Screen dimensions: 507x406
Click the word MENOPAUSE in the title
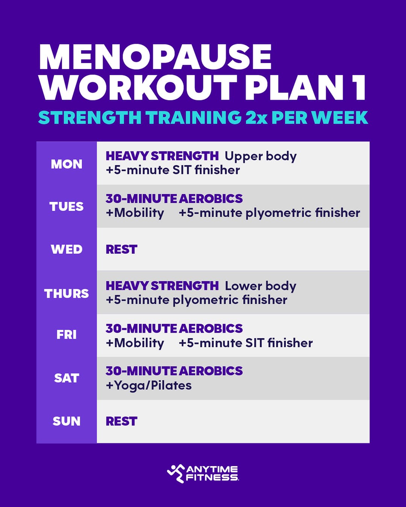[155, 57]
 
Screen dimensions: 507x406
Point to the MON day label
[67, 164]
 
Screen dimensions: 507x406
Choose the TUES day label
[67, 207]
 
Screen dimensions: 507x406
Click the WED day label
[67, 249]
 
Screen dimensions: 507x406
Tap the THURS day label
[67, 293]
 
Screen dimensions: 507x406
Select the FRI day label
[67, 335]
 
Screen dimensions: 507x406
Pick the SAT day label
[67, 378]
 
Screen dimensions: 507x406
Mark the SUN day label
[67, 421]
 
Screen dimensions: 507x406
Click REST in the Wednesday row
[121, 249]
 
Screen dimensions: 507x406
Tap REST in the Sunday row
[121, 421]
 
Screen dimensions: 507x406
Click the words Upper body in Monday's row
[261, 156]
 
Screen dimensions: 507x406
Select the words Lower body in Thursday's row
[261, 286]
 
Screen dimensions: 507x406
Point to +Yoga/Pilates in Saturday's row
[148, 386]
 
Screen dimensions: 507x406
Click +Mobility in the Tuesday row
[135, 213]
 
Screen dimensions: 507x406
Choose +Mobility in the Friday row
[135, 343]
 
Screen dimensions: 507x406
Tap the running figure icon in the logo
[176, 473]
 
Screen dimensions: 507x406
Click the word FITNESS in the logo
[212, 478]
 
